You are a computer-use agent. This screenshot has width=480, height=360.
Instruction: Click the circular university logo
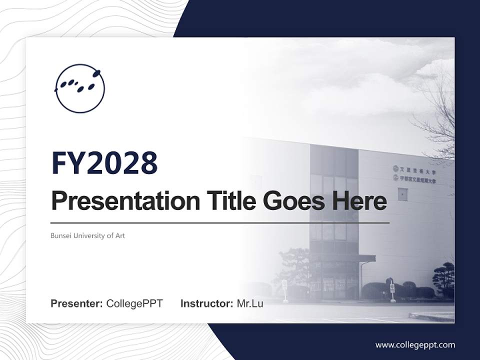click(80, 88)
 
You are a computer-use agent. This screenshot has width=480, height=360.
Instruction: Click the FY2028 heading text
click(104, 163)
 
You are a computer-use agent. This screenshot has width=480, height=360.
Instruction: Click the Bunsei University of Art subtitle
click(87, 235)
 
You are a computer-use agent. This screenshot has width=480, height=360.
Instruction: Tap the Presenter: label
click(76, 303)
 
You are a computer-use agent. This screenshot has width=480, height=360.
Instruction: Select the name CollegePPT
click(134, 303)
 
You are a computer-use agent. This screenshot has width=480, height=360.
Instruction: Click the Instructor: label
click(206, 303)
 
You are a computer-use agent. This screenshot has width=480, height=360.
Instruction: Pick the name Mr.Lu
click(249, 303)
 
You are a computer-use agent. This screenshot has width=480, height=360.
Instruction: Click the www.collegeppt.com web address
click(415, 345)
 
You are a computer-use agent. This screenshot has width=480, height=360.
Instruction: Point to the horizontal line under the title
click(220, 222)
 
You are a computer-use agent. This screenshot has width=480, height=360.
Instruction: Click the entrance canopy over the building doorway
click(345, 258)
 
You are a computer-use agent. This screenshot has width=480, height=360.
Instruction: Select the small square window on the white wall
click(402, 194)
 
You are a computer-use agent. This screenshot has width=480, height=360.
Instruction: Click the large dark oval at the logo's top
click(96, 73)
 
